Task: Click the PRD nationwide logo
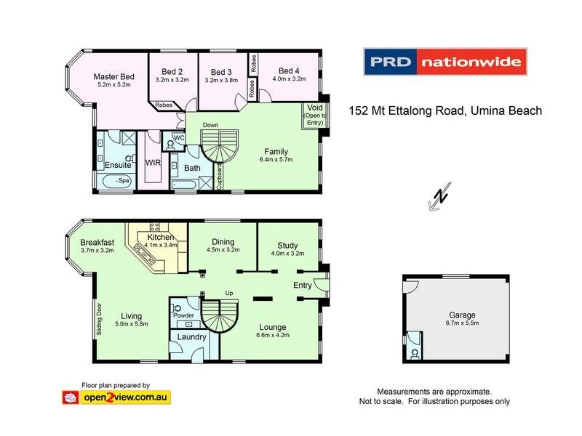[x=444, y=62]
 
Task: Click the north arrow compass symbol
[x=439, y=198]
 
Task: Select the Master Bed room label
[x=113, y=76]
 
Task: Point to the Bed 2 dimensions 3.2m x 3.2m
[x=172, y=81]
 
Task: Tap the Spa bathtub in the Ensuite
[x=117, y=179]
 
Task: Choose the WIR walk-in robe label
[x=154, y=163]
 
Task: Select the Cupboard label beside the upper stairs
[x=220, y=177]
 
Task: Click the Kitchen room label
[x=160, y=237]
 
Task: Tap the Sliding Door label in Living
[x=100, y=317]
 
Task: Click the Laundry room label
[x=191, y=337]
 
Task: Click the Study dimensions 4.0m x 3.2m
[x=287, y=254]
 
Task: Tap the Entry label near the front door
[x=303, y=286]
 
